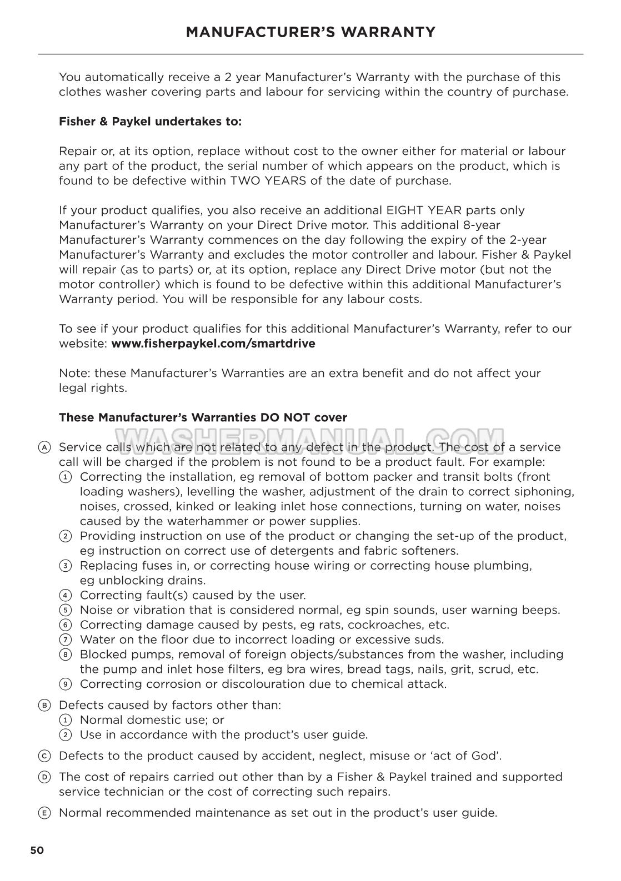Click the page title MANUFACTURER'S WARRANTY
[x=310, y=32]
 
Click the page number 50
[x=37, y=850]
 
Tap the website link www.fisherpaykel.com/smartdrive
[x=213, y=344]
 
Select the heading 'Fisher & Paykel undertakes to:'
[x=150, y=122]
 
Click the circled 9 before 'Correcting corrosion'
[x=66, y=684]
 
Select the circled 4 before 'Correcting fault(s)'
[x=66, y=596]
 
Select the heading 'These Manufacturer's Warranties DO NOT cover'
[x=203, y=417]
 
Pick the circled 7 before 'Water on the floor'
[x=66, y=640]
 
